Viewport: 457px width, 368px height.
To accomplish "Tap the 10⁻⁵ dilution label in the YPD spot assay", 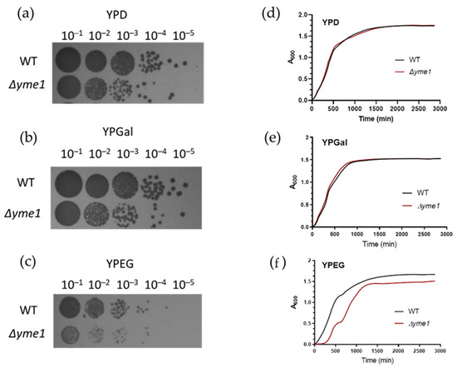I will (x=182, y=34).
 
